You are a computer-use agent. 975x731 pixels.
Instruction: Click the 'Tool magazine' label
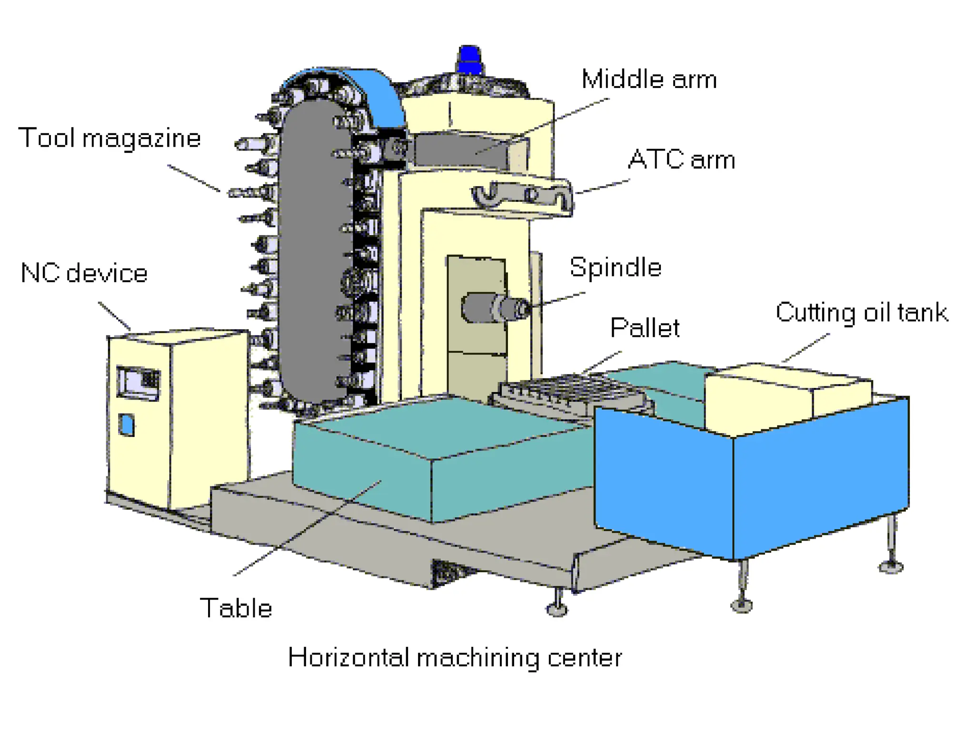coord(109,138)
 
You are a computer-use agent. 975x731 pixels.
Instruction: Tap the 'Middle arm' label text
coord(648,79)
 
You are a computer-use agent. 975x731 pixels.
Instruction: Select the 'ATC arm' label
coord(681,159)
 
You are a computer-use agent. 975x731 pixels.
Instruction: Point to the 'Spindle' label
coord(615,267)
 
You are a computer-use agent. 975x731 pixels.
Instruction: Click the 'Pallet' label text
coord(645,328)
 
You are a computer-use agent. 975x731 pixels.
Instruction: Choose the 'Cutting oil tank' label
coord(862,313)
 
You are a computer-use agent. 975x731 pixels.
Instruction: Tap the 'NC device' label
coord(84,273)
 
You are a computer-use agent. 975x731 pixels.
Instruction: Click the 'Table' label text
coord(236,608)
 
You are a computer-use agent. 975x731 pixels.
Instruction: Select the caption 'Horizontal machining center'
coord(455,658)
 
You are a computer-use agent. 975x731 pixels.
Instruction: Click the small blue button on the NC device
coord(127,425)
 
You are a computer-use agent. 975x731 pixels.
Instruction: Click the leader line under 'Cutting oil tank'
coord(806,348)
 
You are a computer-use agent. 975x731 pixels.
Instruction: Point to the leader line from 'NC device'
coord(114,316)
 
